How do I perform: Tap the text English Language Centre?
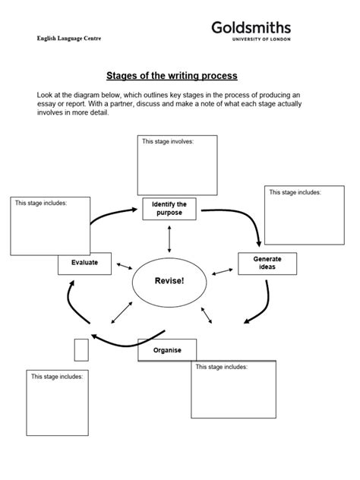69,38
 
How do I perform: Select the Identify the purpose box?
169,208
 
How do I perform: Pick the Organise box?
167,351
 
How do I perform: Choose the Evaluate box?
84,264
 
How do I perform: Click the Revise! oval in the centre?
169,282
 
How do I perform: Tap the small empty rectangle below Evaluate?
81,349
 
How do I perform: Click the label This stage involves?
164,141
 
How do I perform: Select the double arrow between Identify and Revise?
169,238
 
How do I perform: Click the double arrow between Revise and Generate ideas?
222,271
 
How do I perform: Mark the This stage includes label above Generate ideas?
295,192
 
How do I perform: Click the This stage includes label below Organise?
221,367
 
